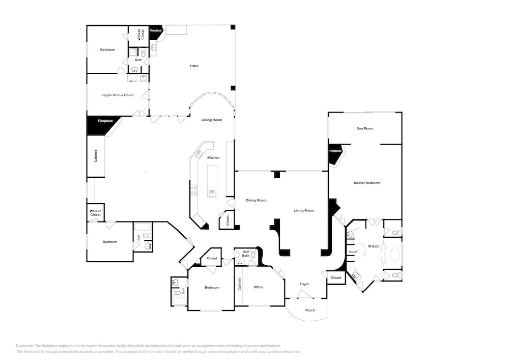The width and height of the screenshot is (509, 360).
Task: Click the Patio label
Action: [x=194, y=66]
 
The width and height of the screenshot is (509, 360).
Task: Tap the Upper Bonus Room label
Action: [x=118, y=95]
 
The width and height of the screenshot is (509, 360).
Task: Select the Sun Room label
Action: [x=365, y=129]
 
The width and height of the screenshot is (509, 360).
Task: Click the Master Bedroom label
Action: [x=367, y=183]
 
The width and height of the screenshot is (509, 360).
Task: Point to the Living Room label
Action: [x=303, y=211]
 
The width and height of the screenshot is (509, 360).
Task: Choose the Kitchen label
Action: [x=213, y=158]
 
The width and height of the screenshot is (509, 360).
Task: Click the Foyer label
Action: [x=304, y=284]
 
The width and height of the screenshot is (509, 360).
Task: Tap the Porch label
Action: [x=310, y=310]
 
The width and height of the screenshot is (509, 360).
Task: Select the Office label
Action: [x=258, y=287]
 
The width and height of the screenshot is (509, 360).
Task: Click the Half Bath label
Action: [x=246, y=254]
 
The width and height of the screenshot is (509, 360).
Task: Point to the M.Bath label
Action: [x=373, y=247]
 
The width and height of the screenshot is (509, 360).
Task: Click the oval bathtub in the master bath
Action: [x=394, y=254]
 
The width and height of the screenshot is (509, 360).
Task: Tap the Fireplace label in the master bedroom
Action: [x=335, y=151]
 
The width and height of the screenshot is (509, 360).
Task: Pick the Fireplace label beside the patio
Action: [x=155, y=31]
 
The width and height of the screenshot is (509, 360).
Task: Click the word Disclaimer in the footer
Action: [x=25, y=346]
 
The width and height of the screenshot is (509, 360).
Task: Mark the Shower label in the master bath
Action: [x=353, y=252]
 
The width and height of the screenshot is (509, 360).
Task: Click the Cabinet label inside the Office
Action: [x=240, y=284]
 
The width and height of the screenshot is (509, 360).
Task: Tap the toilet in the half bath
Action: [x=253, y=255]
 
